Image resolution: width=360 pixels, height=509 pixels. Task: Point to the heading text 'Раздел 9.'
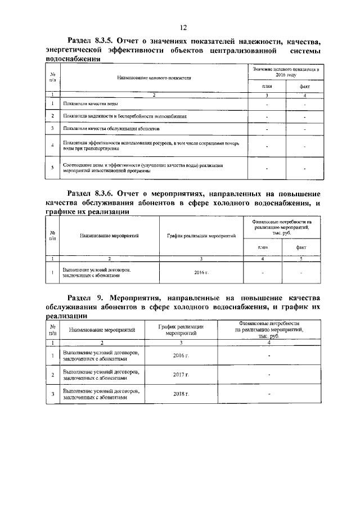(87, 297)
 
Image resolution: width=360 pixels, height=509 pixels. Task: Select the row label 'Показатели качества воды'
(90, 104)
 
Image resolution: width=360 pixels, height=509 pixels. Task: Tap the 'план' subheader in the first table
(267, 85)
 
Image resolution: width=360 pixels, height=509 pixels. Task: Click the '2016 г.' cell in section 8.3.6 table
(201, 273)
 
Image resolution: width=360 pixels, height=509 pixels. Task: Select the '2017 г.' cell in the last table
(181, 375)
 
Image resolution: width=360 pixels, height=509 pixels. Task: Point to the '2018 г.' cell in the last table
(181, 394)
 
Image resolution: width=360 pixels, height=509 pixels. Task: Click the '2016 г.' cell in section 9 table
(181, 355)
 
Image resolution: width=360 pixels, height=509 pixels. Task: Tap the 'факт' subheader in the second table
(301, 247)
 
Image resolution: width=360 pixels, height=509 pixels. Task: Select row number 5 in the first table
(52, 168)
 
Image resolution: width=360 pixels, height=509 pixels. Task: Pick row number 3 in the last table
(52, 394)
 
